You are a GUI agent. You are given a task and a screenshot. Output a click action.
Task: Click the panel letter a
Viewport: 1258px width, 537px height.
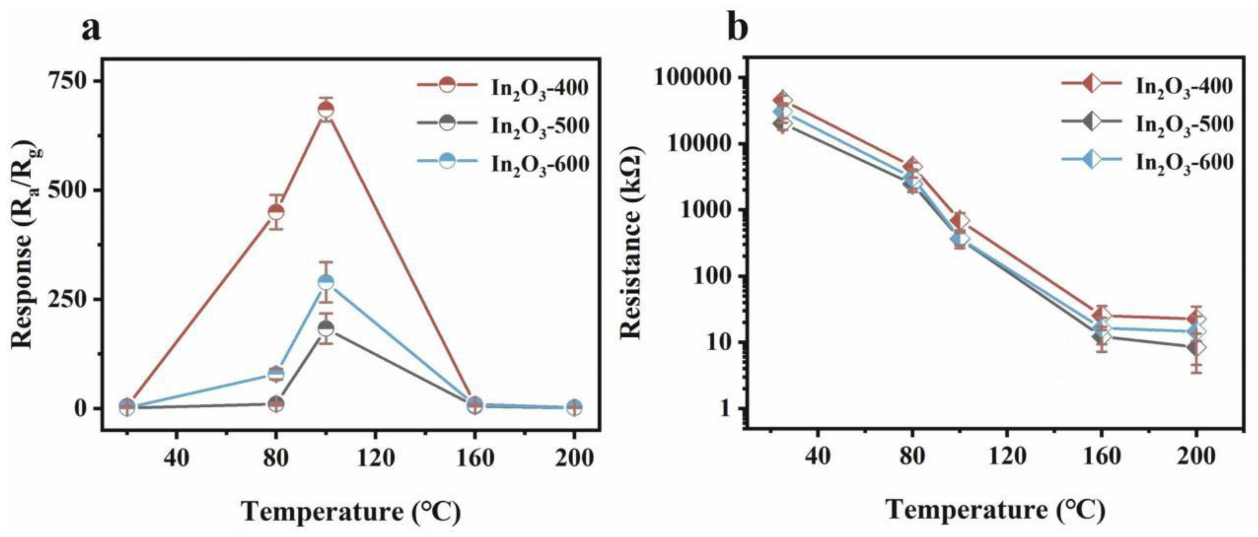tap(91, 29)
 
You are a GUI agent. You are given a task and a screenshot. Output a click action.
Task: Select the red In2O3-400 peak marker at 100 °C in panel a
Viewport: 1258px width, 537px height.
tap(326, 110)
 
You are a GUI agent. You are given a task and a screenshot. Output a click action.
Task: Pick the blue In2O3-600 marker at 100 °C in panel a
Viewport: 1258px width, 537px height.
tap(326, 282)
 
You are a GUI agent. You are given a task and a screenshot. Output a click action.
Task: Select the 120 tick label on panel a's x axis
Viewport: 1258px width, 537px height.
tap(375, 458)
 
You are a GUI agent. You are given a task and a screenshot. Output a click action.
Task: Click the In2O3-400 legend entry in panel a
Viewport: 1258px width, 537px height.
tap(539, 87)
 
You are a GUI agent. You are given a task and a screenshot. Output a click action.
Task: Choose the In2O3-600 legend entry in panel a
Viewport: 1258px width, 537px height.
tap(539, 164)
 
